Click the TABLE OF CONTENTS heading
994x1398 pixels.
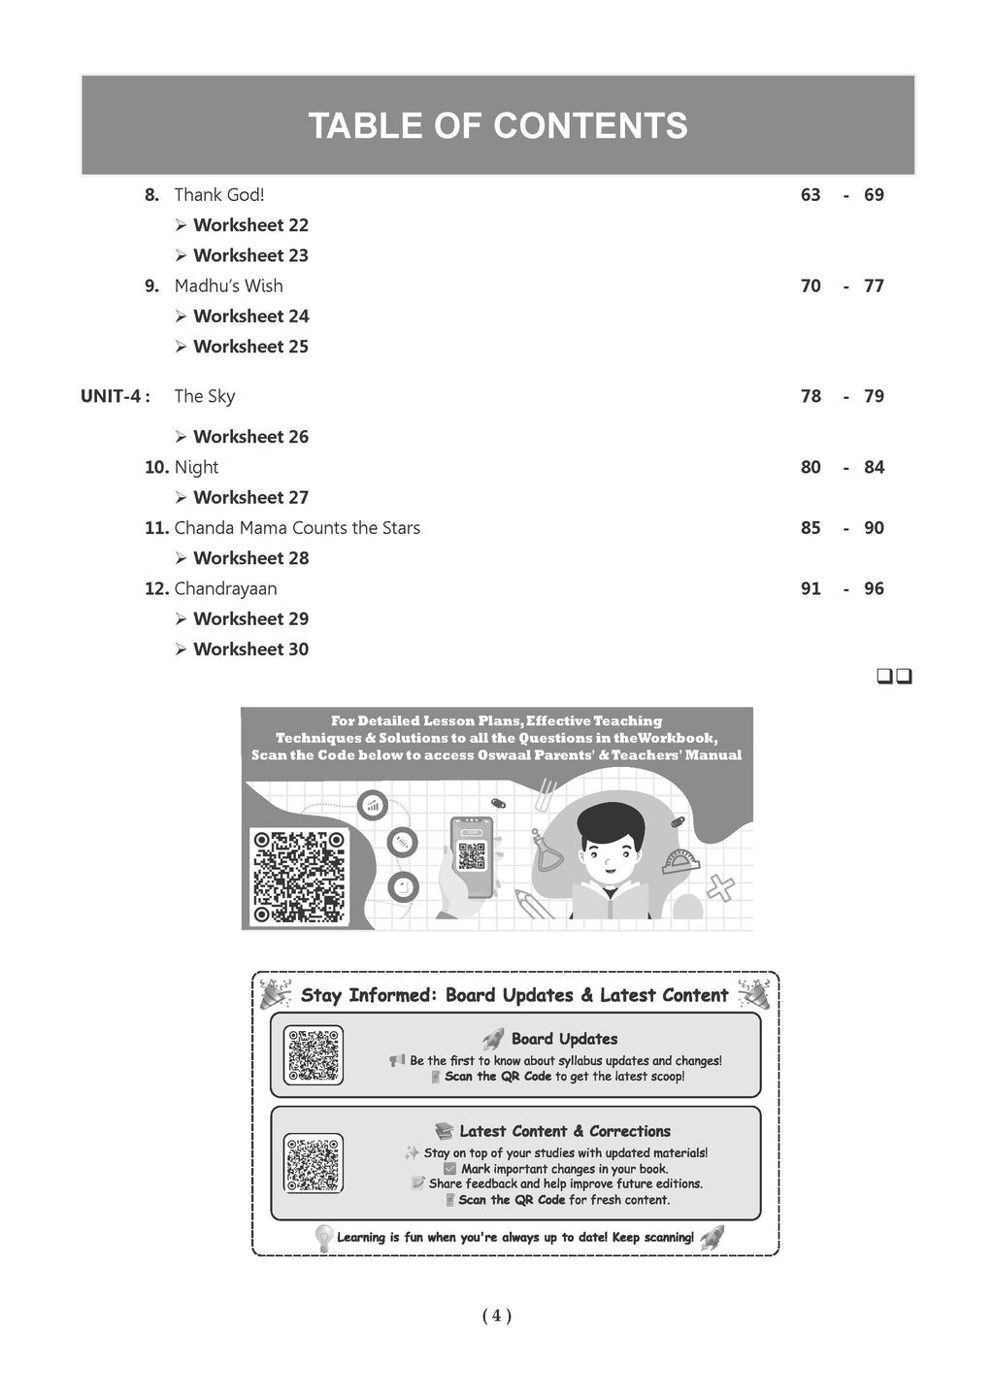tap(497, 126)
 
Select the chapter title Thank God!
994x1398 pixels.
tap(218, 195)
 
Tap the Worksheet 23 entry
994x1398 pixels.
tap(250, 256)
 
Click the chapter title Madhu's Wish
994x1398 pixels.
tap(228, 286)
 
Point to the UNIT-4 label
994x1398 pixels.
tap(115, 397)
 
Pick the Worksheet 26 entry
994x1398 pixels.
tap(250, 438)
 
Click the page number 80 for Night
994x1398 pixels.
tap(811, 468)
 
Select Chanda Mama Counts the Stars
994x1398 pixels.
tap(297, 529)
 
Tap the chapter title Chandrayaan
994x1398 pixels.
tap(225, 589)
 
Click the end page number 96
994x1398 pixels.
tap(874, 589)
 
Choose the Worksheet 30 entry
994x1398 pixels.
tap(250, 650)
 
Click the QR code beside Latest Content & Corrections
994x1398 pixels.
tap(314, 1162)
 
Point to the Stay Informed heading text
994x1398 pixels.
tap(514, 996)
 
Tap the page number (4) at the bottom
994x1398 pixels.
tap(496, 1316)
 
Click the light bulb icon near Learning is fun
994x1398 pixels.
tap(324, 1238)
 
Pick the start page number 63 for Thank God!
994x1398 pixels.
tap(811, 195)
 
